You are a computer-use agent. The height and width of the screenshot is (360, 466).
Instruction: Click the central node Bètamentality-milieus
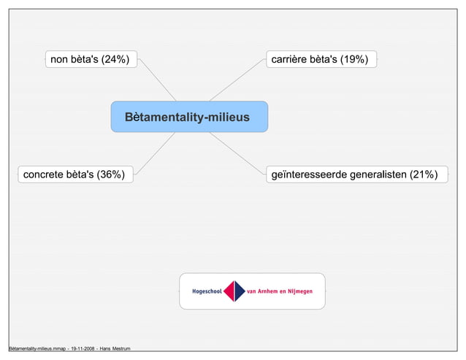pos(189,117)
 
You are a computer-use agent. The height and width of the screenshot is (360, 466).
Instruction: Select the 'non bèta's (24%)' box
pos(91,59)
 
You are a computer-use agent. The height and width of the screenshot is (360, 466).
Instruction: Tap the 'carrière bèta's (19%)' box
pos(321,59)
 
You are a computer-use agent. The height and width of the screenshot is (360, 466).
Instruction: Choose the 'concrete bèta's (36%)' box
pos(75,174)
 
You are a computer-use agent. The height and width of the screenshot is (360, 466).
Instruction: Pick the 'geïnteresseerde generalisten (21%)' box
pos(355,174)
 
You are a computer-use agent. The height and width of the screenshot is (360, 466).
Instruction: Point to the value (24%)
pos(115,59)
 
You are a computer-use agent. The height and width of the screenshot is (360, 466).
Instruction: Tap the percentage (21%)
pos(424,174)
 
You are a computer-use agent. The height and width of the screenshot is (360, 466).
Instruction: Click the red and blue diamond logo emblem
pos(234,291)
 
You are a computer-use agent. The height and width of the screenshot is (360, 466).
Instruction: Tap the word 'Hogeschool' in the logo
pos(207,291)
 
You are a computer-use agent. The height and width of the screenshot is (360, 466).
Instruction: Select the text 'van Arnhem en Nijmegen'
pos(280,291)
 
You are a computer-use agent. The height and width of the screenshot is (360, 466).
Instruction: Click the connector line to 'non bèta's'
pos(157,80)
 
